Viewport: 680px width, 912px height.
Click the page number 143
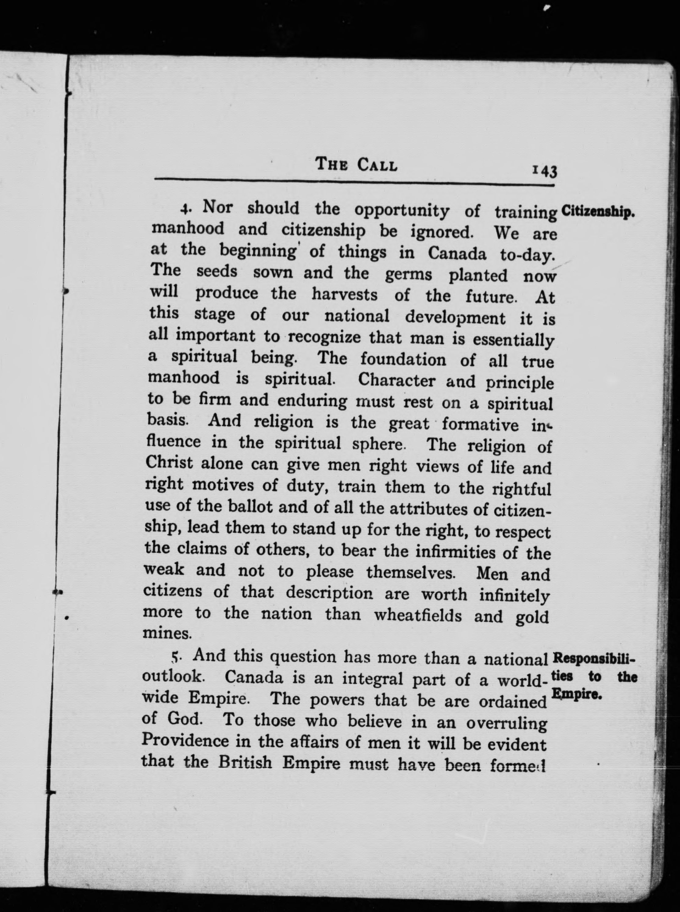point(544,171)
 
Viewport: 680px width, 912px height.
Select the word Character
point(396,380)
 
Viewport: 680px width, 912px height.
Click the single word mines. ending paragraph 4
point(167,633)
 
